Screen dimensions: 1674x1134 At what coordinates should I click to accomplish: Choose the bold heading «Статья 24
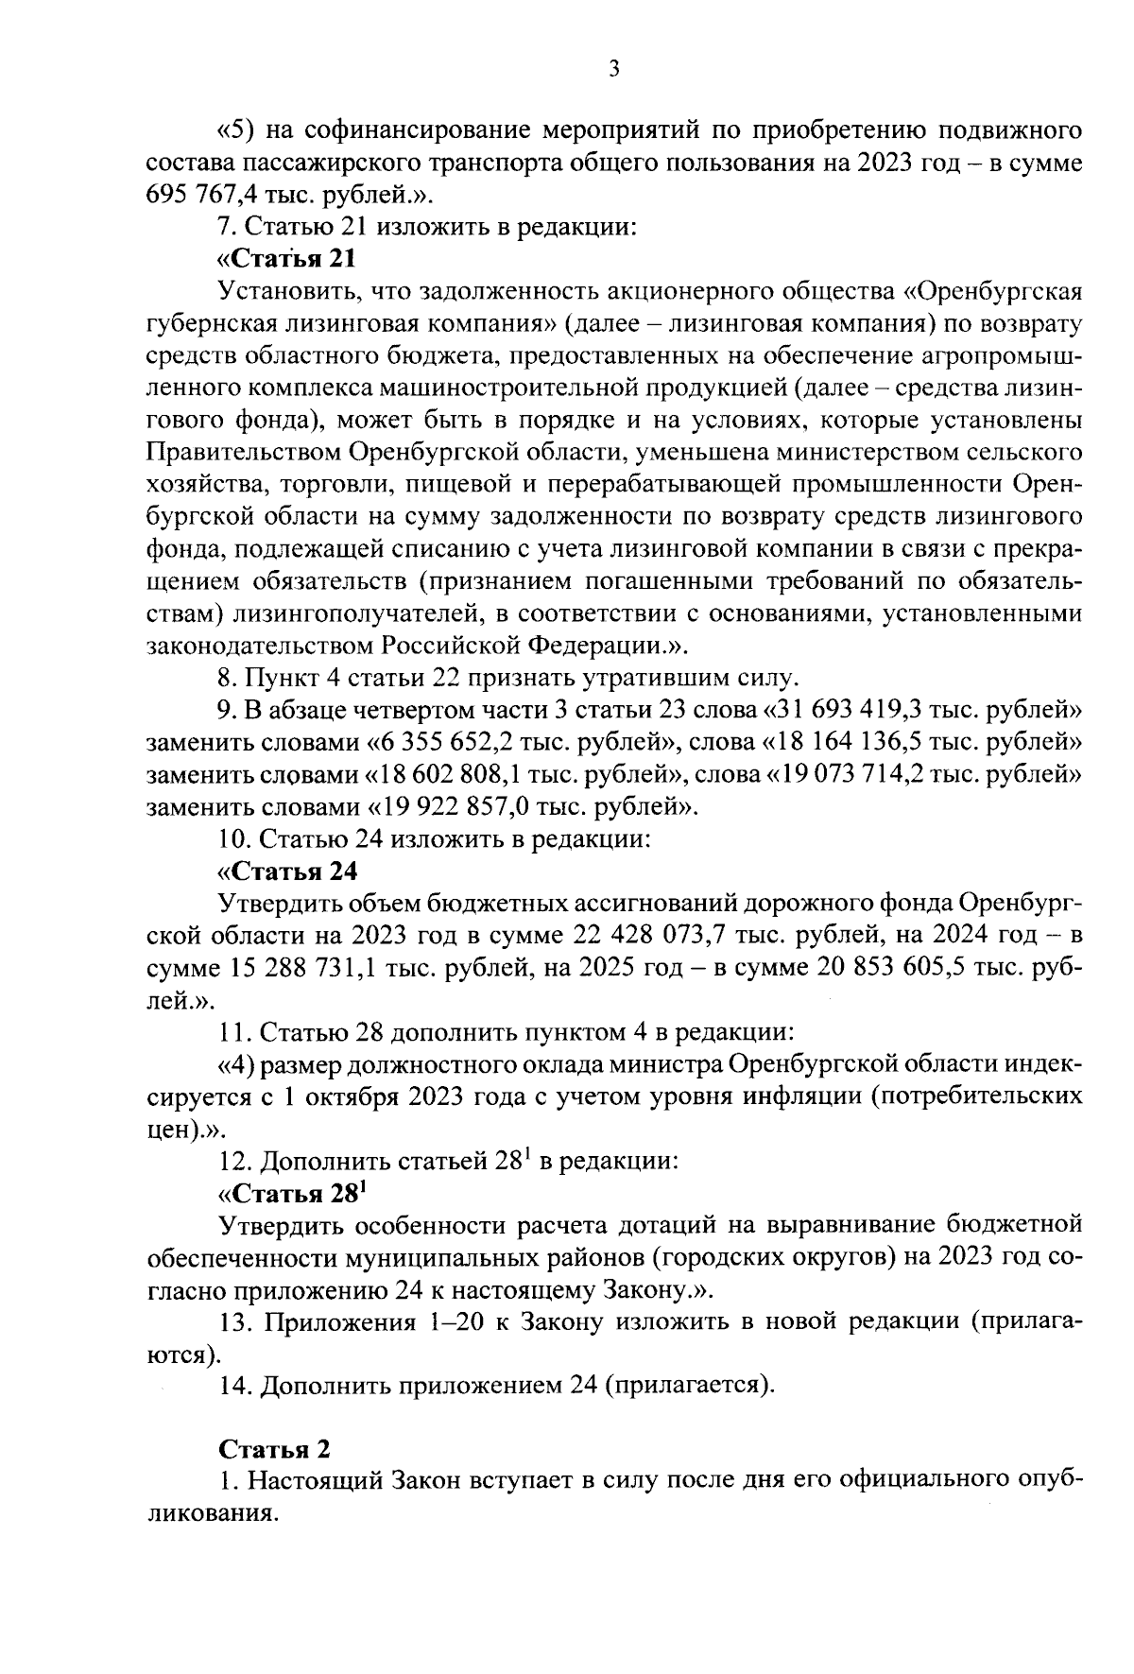click(286, 871)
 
